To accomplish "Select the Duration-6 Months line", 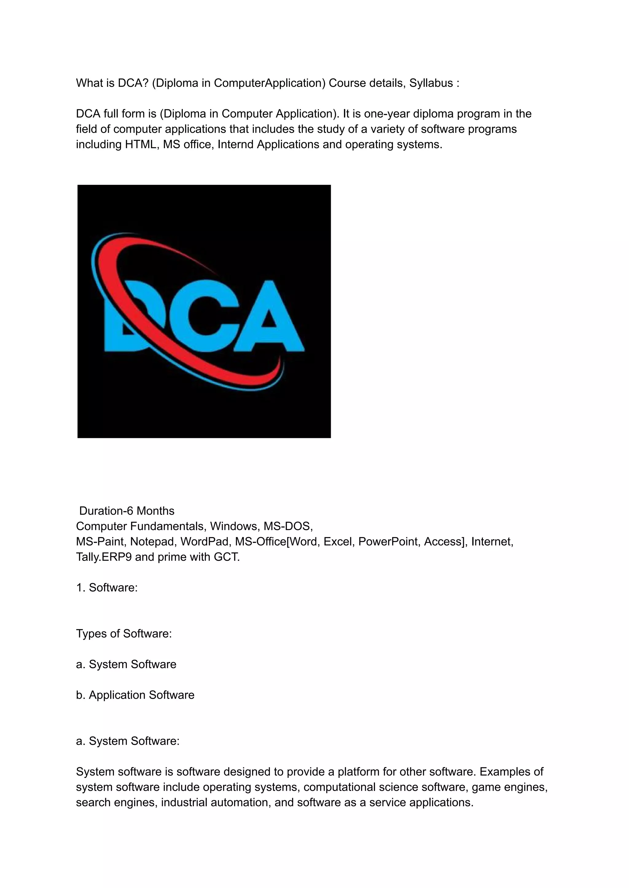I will (x=127, y=511).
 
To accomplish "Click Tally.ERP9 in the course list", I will (x=104, y=557).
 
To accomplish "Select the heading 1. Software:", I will (x=107, y=587).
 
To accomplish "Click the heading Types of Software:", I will (x=123, y=634).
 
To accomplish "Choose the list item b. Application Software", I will (x=135, y=695).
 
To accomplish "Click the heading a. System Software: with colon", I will (x=128, y=741).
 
